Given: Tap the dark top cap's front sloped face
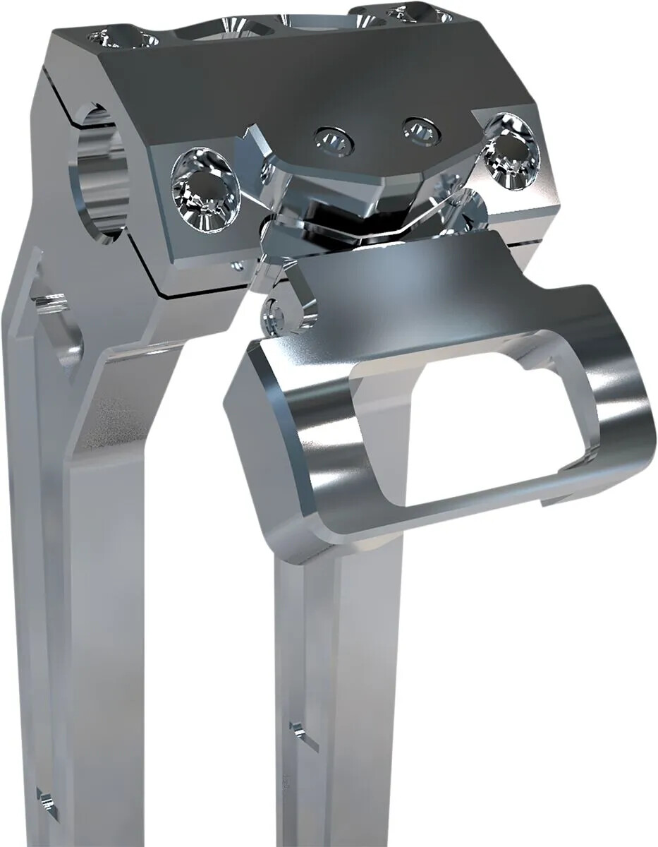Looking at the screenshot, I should coord(296,85).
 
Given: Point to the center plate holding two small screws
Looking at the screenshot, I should coord(374,141).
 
